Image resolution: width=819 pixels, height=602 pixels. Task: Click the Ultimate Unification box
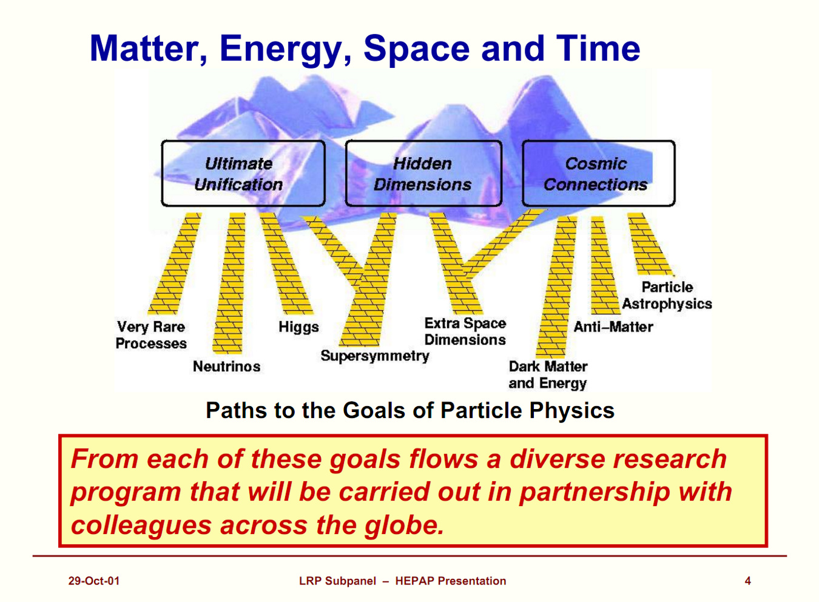tap(243, 174)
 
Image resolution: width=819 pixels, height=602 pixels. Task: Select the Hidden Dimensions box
tap(423, 174)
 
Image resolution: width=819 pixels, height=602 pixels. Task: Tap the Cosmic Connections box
tap(599, 174)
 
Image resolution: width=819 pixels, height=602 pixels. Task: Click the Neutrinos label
tap(227, 367)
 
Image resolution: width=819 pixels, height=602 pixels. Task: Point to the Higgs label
tap(298, 327)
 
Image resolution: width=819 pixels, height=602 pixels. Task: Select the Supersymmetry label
tap(375, 356)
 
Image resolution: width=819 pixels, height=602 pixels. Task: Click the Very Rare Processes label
tap(151, 335)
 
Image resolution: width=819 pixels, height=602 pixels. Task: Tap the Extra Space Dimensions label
tap(465, 331)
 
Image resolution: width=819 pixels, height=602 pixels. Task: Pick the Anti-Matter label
tap(613, 327)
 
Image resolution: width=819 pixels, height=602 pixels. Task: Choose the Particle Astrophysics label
tap(667, 296)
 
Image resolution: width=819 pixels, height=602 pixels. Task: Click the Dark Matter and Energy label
tap(548, 375)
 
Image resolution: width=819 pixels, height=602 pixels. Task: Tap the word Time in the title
tap(598, 49)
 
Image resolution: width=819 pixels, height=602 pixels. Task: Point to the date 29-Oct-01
tap(94, 581)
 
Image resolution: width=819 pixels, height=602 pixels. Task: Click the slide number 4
tap(747, 581)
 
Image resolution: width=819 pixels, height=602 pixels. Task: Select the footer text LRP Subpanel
tap(337, 581)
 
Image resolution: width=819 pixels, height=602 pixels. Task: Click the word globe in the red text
tap(405, 525)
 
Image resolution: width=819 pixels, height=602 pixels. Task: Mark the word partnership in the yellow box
tap(595, 492)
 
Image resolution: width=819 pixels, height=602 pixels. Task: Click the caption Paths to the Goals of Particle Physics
tap(410, 410)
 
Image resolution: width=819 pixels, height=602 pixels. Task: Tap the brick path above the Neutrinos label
tap(229, 283)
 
